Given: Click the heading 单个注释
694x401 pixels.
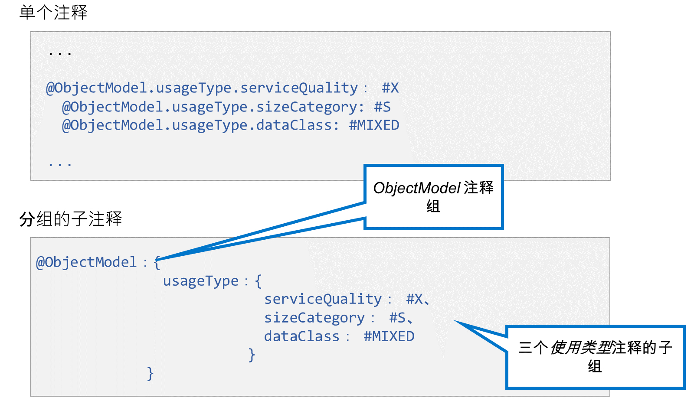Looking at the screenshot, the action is [53, 13].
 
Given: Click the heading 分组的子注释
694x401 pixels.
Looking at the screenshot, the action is [71, 219].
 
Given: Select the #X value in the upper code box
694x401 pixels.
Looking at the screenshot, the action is [390, 88].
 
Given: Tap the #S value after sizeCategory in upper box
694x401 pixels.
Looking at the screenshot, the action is [382, 107].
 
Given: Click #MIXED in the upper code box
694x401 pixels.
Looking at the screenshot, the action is [374, 125].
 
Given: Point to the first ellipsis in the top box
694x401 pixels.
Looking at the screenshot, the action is [60, 53].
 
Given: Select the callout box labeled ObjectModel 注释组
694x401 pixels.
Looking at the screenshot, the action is [433, 197].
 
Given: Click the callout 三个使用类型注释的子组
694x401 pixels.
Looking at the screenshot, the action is [595, 357].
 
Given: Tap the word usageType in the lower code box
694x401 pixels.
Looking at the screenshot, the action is [201, 281].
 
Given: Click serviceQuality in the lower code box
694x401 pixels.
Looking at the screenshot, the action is [323, 300].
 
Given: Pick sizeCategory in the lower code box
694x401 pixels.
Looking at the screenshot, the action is [314, 318].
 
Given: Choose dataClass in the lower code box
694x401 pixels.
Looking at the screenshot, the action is [302, 336].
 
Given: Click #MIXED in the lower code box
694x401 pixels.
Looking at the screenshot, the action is [389, 336].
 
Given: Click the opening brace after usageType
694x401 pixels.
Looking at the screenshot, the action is [259, 281].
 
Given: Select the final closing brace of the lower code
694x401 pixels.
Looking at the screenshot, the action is [150, 373].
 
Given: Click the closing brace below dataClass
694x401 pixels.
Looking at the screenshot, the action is [252, 355].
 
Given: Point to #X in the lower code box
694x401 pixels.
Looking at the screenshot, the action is [415, 300].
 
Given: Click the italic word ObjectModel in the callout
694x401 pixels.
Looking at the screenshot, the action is [417, 188].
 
